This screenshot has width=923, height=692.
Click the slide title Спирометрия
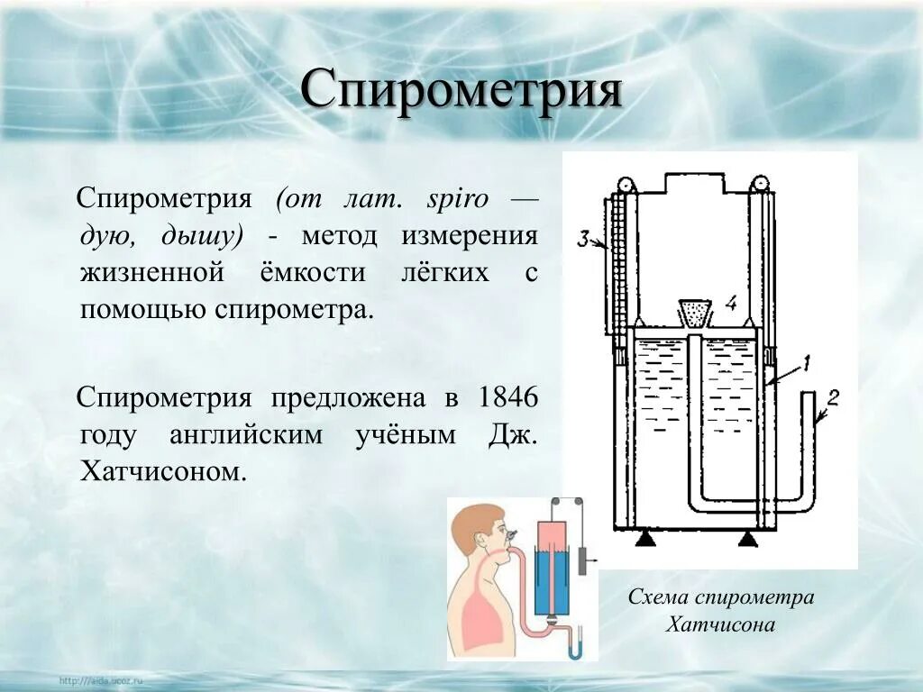pos(461,91)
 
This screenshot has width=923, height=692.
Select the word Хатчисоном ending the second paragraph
pos(163,471)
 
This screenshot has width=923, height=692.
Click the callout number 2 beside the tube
pos(833,396)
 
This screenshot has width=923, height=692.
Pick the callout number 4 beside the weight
pos(731,305)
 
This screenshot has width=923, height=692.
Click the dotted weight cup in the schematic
pos(693,312)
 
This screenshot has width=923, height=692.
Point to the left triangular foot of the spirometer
pos(644,539)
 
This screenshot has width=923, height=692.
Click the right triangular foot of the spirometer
pos(747,539)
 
